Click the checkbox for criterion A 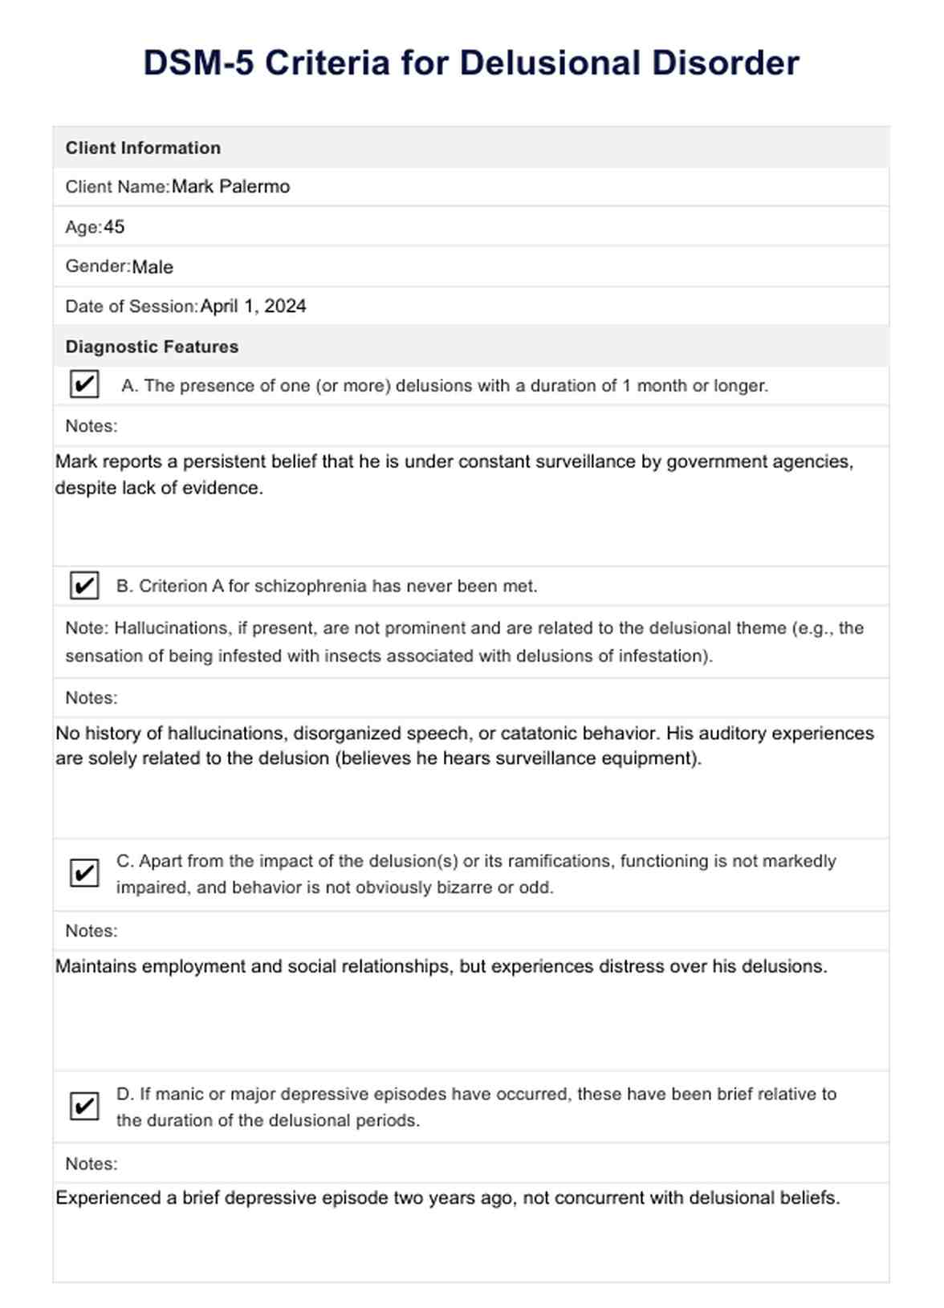[84, 384]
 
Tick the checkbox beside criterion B [84, 586]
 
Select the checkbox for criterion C [84, 872]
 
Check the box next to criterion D [84, 1106]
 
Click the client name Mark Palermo [230, 187]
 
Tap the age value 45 [114, 227]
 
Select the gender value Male [153, 267]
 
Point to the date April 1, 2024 [253, 307]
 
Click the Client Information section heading [143, 148]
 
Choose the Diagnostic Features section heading [152, 347]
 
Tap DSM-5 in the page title [198, 63]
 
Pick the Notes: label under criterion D [92, 1164]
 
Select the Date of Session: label [131, 307]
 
